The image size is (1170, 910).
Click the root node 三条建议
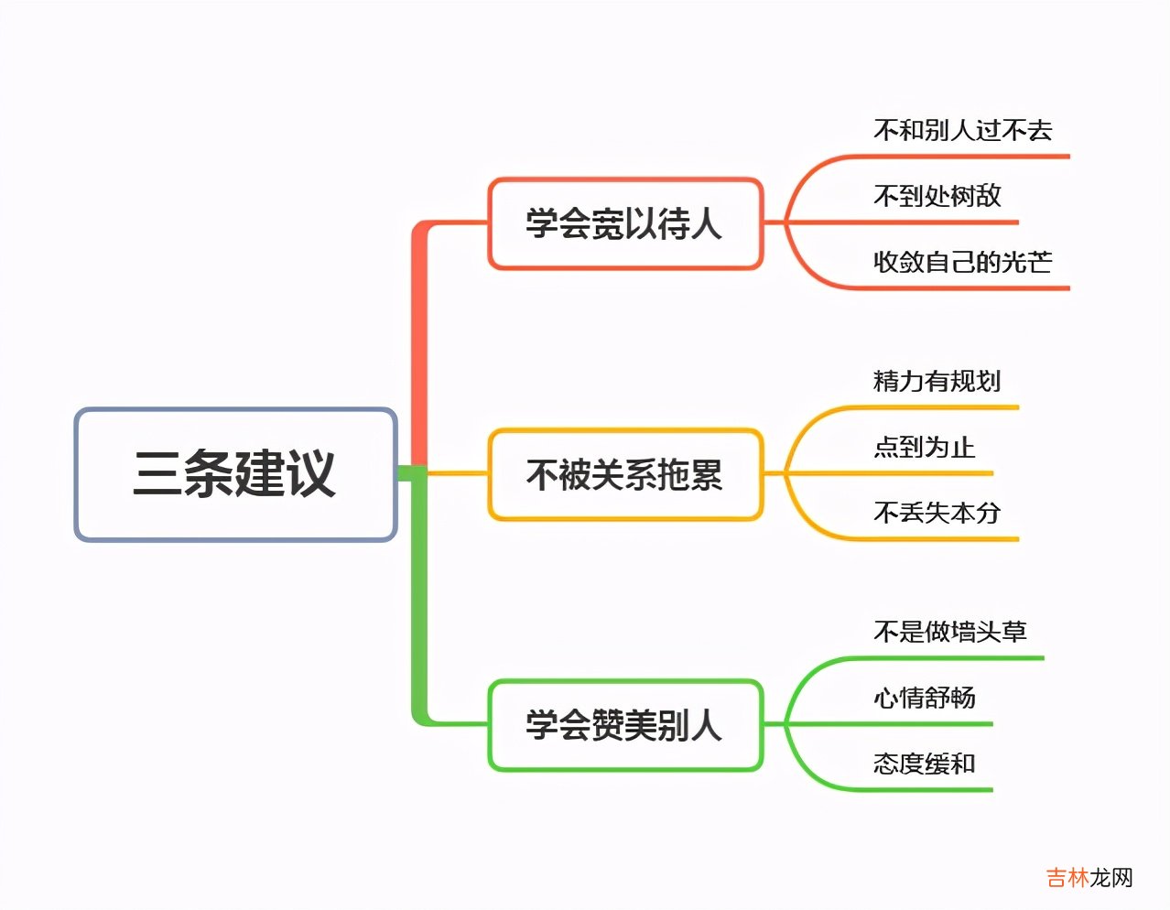[x=235, y=474]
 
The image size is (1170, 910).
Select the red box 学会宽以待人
[x=624, y=223]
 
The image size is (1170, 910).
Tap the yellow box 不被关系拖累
[x=624, y=474]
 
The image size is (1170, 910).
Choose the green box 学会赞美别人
[x=624, y=725]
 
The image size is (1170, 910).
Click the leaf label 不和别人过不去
[x=962, y=131]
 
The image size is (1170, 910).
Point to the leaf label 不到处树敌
[x=937, y=196]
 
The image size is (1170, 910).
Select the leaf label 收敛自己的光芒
[x=962, y=262]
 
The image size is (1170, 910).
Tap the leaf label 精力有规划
[x=937, y=381]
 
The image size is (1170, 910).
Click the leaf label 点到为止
[x=924, y=447]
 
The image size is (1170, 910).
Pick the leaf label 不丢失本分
[x=937, y=513]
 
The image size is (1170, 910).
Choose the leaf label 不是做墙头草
[x=949, y=632]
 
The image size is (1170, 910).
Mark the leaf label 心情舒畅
[x=924, y=698]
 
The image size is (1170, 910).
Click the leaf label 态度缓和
[x=924, y=764]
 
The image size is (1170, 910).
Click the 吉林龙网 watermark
[x=1089, y=878]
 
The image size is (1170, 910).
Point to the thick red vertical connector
[x=419, y=348]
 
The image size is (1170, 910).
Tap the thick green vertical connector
[x=419, y=595]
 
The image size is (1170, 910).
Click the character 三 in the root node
[x=157, y=474]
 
